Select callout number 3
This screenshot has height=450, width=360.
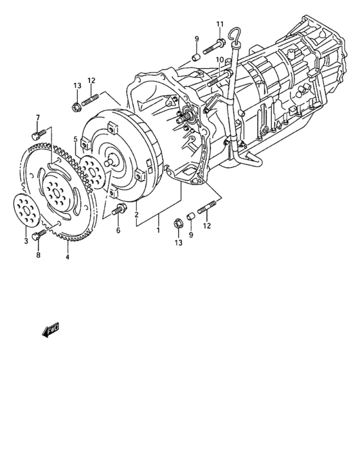26,240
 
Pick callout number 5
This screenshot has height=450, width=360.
75,139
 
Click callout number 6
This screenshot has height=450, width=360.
118,230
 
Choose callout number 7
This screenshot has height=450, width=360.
37,117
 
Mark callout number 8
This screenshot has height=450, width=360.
38,255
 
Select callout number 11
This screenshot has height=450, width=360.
219,24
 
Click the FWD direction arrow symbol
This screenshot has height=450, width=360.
49,330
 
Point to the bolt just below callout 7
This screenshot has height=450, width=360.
36,134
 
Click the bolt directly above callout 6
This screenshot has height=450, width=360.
118,210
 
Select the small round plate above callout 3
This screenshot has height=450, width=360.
26,208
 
